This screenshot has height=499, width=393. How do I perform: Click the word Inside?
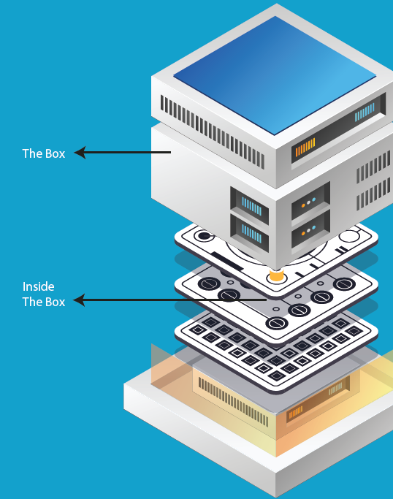coord(38,286)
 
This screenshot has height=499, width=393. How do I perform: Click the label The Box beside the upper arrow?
coord(44,153)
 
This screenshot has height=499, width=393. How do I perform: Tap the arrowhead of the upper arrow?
coord(80,153)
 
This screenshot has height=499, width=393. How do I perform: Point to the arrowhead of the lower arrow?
coord(79,300)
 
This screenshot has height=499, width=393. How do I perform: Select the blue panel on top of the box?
coord(275,75)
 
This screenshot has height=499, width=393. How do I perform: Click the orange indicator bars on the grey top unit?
coord(305,147)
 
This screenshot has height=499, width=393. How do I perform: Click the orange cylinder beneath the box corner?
coord(276,275)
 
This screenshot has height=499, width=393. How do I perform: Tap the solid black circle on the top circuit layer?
coord(204,236)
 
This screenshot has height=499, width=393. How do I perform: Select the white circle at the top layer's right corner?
coord(349,236)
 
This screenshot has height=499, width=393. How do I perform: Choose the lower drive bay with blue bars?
coord(250,232)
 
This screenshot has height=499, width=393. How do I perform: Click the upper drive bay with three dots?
coord(310,200)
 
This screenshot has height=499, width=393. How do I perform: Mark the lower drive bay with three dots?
coord(310,229)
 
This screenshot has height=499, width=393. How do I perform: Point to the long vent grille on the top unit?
coord(213,132)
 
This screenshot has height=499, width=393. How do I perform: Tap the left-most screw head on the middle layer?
coord(209,283)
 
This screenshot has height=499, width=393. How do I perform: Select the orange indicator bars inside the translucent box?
coord(296,412)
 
